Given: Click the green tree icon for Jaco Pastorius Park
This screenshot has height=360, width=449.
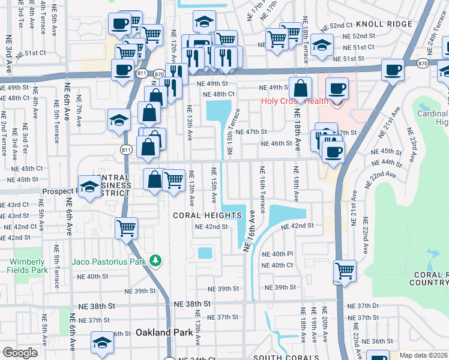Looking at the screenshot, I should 156,260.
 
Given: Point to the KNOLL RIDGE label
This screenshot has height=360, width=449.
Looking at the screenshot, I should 384,24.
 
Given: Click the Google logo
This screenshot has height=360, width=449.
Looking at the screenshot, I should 20,353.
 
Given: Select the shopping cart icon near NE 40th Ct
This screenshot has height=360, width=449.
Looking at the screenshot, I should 345,271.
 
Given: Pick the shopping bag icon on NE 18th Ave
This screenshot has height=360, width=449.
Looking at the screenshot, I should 300,89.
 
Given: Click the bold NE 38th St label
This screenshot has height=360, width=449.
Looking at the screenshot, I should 190,304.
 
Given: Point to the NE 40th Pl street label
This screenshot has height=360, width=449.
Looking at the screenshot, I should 282,254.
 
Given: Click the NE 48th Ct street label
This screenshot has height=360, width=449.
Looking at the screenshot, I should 218,94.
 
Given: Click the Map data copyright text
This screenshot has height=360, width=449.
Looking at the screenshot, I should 424,355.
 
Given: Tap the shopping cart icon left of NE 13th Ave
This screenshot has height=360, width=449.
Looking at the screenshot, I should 173,179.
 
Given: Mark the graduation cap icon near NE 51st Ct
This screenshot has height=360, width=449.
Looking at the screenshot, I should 322,46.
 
